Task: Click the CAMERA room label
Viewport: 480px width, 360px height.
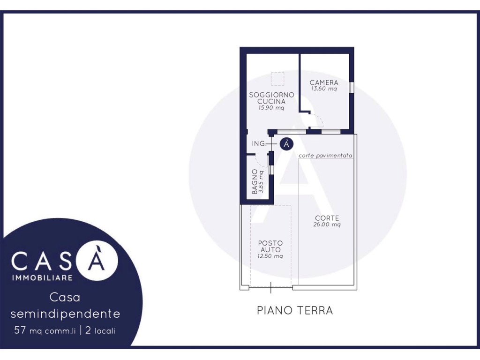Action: tap(324, 82)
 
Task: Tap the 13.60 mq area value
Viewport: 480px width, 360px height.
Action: tap(324, 89)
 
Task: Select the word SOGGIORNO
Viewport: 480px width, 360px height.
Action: tap(271, 95)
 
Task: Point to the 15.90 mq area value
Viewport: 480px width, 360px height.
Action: tap(271, 108)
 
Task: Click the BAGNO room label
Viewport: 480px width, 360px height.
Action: tap(255, 181)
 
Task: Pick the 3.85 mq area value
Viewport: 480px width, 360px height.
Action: tap(261, 181)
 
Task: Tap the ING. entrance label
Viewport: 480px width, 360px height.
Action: tap(259, 143)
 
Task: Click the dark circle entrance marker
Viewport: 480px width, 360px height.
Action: tap(286, 143)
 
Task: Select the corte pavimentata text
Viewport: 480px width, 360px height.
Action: tap(325, 156)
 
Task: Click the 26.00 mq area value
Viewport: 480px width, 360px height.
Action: tap(327, 225)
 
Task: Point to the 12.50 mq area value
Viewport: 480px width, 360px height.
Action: tap(270, 256)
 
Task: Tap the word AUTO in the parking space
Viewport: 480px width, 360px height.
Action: tap(270, 250)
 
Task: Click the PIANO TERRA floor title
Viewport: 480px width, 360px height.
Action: tap(295, 310)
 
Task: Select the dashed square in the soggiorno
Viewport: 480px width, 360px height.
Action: tap(277, 79)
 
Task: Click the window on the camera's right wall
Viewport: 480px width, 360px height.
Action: tap(352, 87)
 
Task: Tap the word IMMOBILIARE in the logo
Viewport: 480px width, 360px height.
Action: tap(42, 277)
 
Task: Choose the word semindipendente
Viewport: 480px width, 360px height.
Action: tap(65, 314)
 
